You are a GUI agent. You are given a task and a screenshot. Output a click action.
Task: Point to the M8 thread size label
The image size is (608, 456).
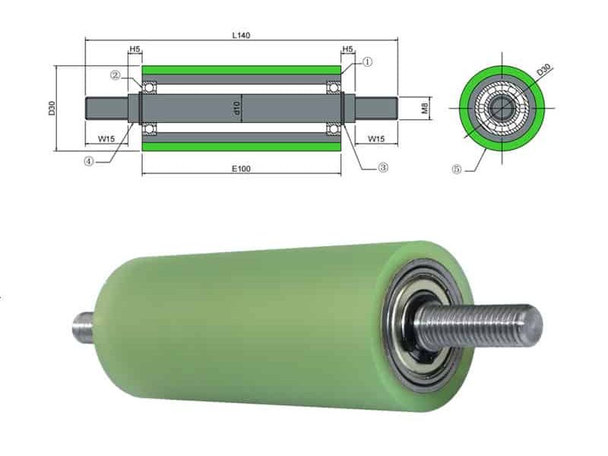(x=426, y=107)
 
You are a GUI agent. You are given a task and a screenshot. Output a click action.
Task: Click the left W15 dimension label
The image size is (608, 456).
(x=107, y=138)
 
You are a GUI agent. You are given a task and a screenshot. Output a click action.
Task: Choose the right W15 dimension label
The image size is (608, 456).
(x=375, y=138)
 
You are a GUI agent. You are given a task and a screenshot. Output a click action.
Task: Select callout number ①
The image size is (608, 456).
(x=367, y=62)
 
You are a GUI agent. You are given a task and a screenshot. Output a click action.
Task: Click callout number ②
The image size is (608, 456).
(x=115, y=74)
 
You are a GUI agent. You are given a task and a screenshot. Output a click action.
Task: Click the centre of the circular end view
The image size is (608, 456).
(x=502, y=107)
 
